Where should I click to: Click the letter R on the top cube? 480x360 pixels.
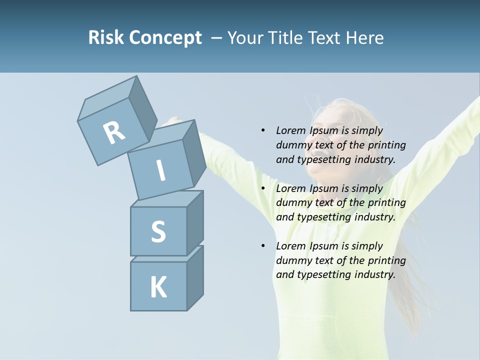coord(114,132)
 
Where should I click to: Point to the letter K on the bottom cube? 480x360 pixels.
coord(158,287)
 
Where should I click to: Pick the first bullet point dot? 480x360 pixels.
coord(263,130)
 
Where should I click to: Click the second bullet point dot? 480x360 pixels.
coord(263,188)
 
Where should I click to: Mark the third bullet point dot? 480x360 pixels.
coord(263,246)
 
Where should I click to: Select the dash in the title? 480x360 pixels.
coord(217,37)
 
